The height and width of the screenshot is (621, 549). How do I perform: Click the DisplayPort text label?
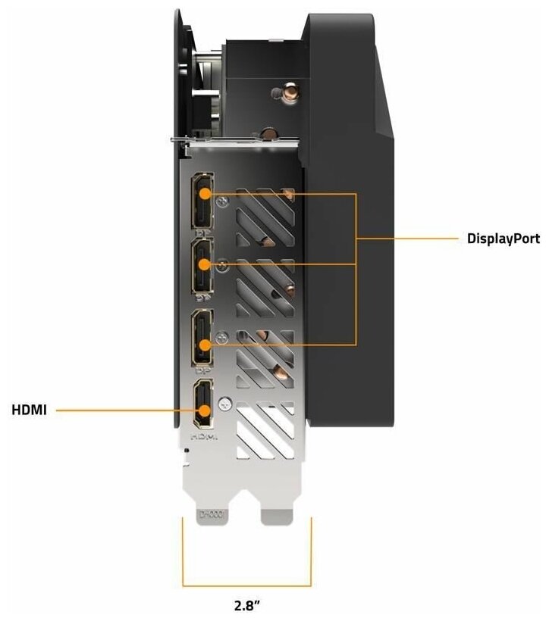click(x=503, y=239)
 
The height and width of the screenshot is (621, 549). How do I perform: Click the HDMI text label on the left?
click(x=29, y=410)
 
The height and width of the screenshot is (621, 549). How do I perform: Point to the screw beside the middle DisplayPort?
click(x=223, y=265)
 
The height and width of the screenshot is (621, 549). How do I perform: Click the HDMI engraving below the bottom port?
click(x=202, y=437)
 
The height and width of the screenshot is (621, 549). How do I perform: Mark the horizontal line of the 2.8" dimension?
click(x=246, y=585)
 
